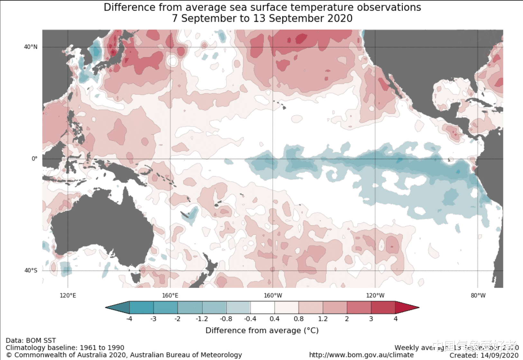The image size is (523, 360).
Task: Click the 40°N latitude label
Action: click(31, 47)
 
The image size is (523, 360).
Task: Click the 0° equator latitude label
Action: click(34, 158)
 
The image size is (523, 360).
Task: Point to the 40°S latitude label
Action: click(31, 270)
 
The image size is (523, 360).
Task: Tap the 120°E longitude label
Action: click(68, 295)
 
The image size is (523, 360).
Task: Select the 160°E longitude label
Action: click(170, 295)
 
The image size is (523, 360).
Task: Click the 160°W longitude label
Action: click(273, 295)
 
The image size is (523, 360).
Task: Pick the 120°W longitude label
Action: click(375, 295)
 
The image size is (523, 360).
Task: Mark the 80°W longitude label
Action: click(478, 295)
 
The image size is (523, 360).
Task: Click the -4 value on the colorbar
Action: click(129, 319)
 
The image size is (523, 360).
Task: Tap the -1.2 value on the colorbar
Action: click(202, 319)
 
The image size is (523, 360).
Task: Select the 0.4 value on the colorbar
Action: click(274, 319)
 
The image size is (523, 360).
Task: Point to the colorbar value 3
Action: click(371, 319)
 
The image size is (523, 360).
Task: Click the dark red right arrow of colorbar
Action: click(406, 308)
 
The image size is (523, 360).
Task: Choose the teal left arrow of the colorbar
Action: click(118, 308)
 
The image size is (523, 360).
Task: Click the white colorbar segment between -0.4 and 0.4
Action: click(262, 308)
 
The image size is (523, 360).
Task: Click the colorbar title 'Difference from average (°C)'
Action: click(262, 330)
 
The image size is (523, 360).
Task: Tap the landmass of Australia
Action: click(103, 228)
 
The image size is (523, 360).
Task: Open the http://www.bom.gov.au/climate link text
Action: click(361, 355)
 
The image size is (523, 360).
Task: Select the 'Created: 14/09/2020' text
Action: click(484, 355)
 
